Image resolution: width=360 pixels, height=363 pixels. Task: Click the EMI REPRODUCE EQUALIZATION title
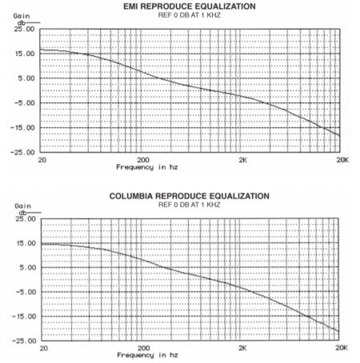click(190, 6)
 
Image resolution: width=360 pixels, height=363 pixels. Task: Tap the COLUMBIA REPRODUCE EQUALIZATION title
click(190, 196)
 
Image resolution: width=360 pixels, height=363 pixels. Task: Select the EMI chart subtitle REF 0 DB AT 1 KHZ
click(190, 15)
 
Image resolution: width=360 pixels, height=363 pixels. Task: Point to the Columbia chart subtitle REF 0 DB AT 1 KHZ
click(190, 205)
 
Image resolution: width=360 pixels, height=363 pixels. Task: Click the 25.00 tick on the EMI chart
click(24, 29)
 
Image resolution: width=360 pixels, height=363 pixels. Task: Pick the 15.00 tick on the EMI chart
click(24, 54)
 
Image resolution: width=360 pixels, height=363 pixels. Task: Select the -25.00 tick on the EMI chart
click(22, 153)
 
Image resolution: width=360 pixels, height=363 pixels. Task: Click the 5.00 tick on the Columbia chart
click(28, 267)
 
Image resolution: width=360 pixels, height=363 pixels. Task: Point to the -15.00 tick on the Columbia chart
click(24, 317)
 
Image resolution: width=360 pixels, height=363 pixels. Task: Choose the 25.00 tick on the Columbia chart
click(26, 219)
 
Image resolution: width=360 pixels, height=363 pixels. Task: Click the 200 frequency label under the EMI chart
click(143, 160)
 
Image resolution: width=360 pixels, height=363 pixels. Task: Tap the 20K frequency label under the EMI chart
click(342, 160)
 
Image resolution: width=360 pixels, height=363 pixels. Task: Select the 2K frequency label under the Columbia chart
click(242, 348)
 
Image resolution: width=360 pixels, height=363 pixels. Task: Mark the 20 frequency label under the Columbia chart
click(44, 348)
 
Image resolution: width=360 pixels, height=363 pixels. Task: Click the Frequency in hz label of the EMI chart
click(147, 167)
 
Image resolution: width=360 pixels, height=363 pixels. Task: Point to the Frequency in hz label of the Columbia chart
click(147, 355)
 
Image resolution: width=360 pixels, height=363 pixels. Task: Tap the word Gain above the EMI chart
click(22, 16)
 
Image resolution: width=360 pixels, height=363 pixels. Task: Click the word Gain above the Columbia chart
click(23, 206)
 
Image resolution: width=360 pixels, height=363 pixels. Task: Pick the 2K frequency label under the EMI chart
click(242, 160)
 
